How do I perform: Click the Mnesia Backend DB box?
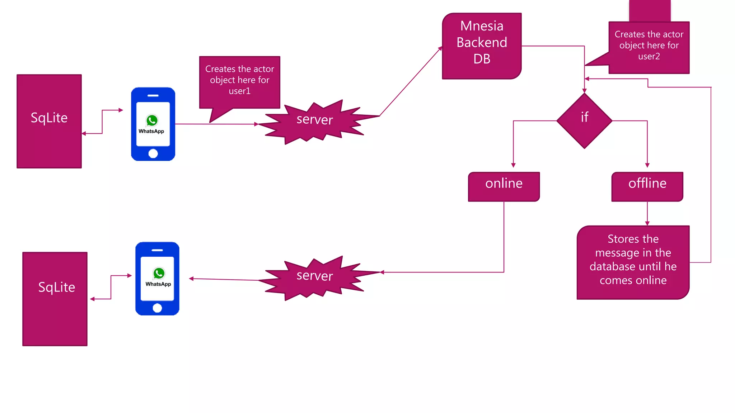click(x=482, y=46)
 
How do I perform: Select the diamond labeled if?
click(x=584, y=120)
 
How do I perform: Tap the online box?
click(x=504, y=186)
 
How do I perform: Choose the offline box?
click(x=647, y=186)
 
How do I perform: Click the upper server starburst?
click(x=315, y=121)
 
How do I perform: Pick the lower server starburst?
click(x=315, y=277)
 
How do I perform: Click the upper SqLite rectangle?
click(x=49, y=121)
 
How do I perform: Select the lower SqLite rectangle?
click(x=55, y=299)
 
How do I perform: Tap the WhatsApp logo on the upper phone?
click(x=152, y=120)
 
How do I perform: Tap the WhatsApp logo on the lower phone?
click(x=159, y=274)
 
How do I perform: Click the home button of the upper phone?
click(x=153, y=153)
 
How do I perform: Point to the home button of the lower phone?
click(x=157, y=308)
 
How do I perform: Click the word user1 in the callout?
click(x=239, y=91)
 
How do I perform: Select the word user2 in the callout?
click(x=649, y=56)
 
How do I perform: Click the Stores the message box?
click(x=633, y=262)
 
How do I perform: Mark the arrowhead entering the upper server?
click(x=256, y=124)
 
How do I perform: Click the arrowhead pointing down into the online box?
click(x=513, y=165)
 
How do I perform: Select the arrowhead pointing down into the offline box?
click(x=647, y=165)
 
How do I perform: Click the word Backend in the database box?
click(x=482, y=42)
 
